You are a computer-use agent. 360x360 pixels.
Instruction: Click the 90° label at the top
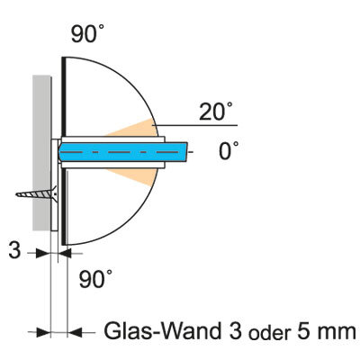[87, 32]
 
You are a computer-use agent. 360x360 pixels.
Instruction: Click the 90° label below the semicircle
[95, 279]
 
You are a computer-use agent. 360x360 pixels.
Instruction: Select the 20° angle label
[215, 111]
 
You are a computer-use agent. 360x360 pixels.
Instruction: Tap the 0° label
[229, 150]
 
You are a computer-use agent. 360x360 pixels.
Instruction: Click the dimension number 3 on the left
[14, 250]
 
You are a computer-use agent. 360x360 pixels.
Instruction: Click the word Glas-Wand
[162, 331]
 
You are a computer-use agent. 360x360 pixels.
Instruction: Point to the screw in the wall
[37, 193]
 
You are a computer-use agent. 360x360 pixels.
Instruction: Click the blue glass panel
[123, 152]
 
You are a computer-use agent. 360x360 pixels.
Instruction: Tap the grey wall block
[41, 153]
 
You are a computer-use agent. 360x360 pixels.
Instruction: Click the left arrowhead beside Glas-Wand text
[43, 332]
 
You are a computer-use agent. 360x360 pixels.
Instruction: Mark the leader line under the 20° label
[195, 125]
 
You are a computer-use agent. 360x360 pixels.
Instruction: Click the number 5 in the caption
[304, 331]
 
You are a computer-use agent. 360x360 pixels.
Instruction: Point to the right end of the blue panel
[187, 152]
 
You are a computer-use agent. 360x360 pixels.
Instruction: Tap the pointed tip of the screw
[16, 195]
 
